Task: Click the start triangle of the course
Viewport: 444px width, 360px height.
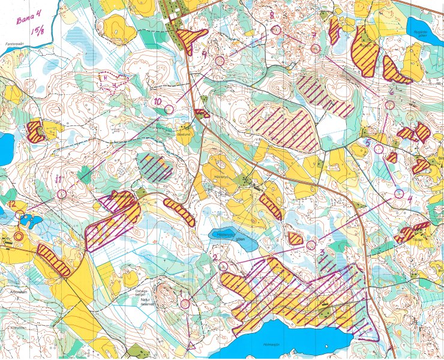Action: (x=192, y=344)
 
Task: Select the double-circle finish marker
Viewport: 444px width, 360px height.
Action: (x=19, y=236)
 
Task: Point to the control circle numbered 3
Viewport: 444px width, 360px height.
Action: (x=311, y=245)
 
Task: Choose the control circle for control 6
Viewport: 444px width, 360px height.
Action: (x=389, y=104)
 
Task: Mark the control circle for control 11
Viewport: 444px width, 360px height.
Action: (x=62, y=194)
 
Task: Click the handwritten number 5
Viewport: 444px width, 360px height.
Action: (x=368, y=142)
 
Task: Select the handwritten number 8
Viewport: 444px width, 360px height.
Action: (x=272, y=14)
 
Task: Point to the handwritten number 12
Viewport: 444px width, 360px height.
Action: (x=12, y=204)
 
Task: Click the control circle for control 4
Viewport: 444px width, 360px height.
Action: (x=400, y=193)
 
